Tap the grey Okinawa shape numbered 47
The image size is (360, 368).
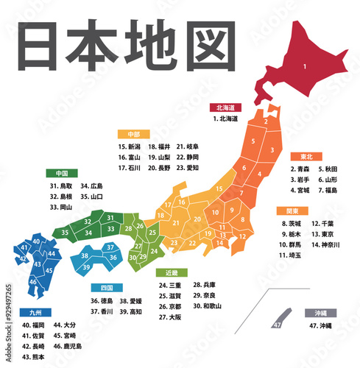click(x=278, y=324)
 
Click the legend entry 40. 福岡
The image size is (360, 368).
click(x=34, y=325)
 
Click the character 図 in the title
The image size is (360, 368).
click(x=191, y=49)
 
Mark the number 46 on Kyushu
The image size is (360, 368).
click(x=33, y=281)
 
